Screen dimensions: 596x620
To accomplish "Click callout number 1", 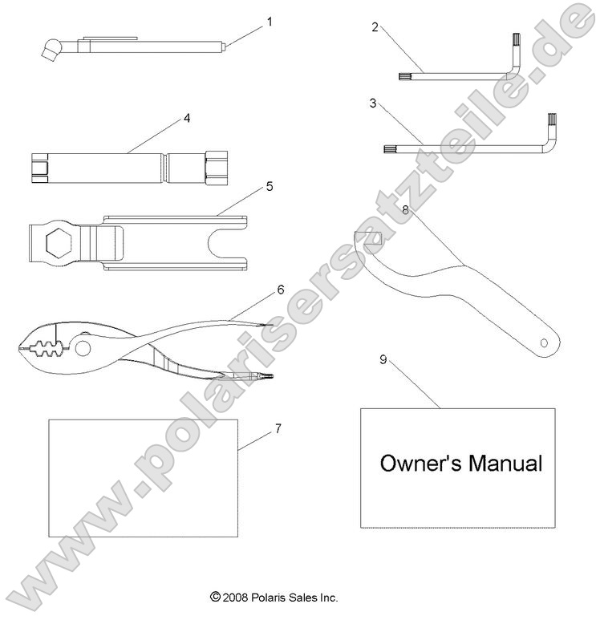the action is click(x=270, y=22).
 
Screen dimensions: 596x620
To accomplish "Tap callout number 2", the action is click(x=375, y=26).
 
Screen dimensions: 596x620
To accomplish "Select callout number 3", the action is click(x=373, y=103).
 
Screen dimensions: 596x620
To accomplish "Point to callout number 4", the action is click(x=186, y=118).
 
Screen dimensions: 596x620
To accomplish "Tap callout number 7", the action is click(x=278, y=428).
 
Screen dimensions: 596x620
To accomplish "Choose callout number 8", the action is click(x=406, y=210).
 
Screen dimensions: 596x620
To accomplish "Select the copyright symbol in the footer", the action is click(x=214, y=597).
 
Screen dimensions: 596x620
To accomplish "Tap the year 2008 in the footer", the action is click(x=235, y=597).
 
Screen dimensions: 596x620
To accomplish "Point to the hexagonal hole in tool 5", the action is click(x=59, y=242).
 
